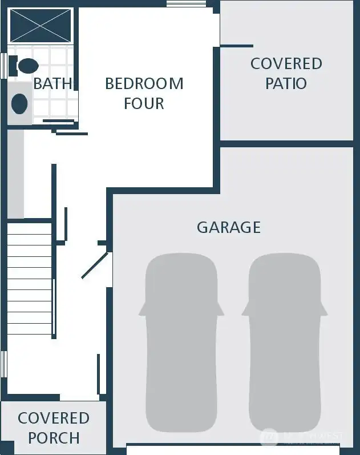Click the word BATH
[52, 83]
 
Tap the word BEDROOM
[144, 83]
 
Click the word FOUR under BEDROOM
[144, 103]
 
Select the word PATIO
[286, 83]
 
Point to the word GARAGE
[229, 227]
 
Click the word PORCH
[54, 438]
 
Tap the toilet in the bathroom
[27, 66]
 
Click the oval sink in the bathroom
[20, 103]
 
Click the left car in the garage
[181, 343]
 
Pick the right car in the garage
[284, 343]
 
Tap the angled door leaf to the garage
[95, 265]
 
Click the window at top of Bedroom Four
[186, 4]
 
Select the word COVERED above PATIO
[286, 63]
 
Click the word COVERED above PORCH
[54, 418]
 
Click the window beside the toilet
[3, 65]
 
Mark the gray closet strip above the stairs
[16, 174]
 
